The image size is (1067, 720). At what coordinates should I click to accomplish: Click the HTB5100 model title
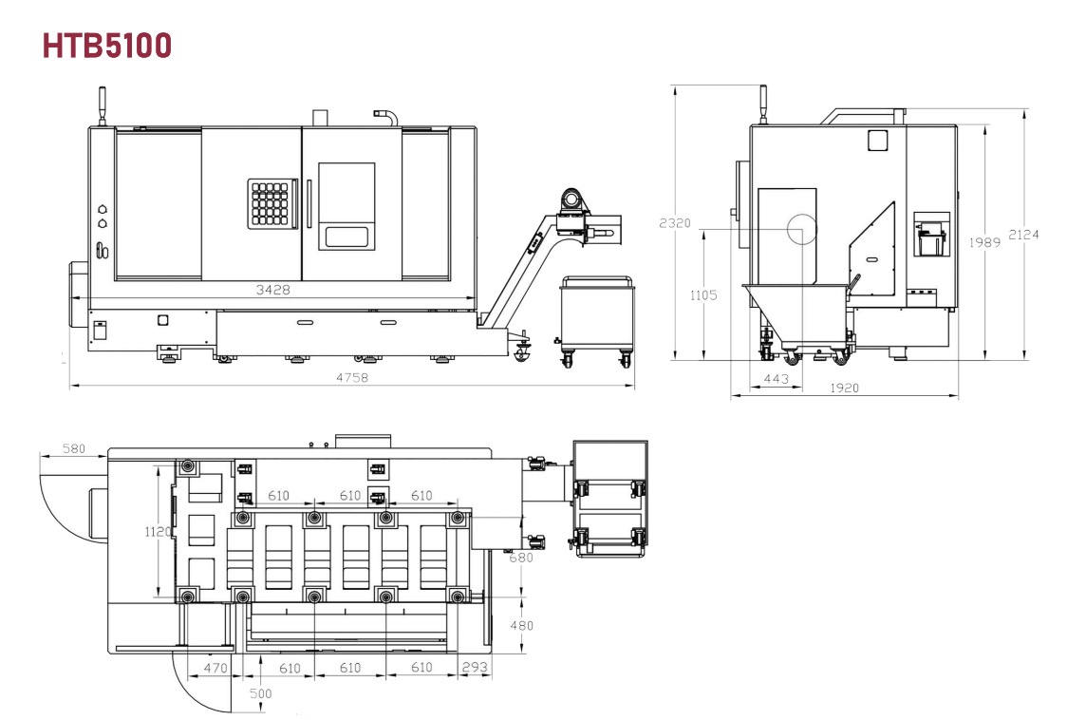pyautogui.click(x=107, y=46)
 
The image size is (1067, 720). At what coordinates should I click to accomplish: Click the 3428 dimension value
pyautogui.click(x=272, y=290)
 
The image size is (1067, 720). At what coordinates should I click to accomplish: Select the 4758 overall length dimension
pyautogui.click(x=352, y=377)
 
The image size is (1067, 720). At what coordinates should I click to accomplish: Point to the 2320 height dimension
pyautogui.click(x=675, y=222)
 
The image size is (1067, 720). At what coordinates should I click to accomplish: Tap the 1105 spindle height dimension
pyautogui.click(x=702, y=295)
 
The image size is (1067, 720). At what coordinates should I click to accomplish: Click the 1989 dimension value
pyautogui.click(x=984, y=242)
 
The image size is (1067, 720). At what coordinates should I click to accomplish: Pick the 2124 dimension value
pyautogui.click(x=1023, y=235)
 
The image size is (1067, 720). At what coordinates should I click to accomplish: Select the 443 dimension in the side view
pyautogui.click(x=777, y=379)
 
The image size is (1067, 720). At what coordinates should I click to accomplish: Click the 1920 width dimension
pyautogui.click(x=845, y=388)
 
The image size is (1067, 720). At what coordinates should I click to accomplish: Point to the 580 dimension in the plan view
pyautogui.click(x=73, y=448)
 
